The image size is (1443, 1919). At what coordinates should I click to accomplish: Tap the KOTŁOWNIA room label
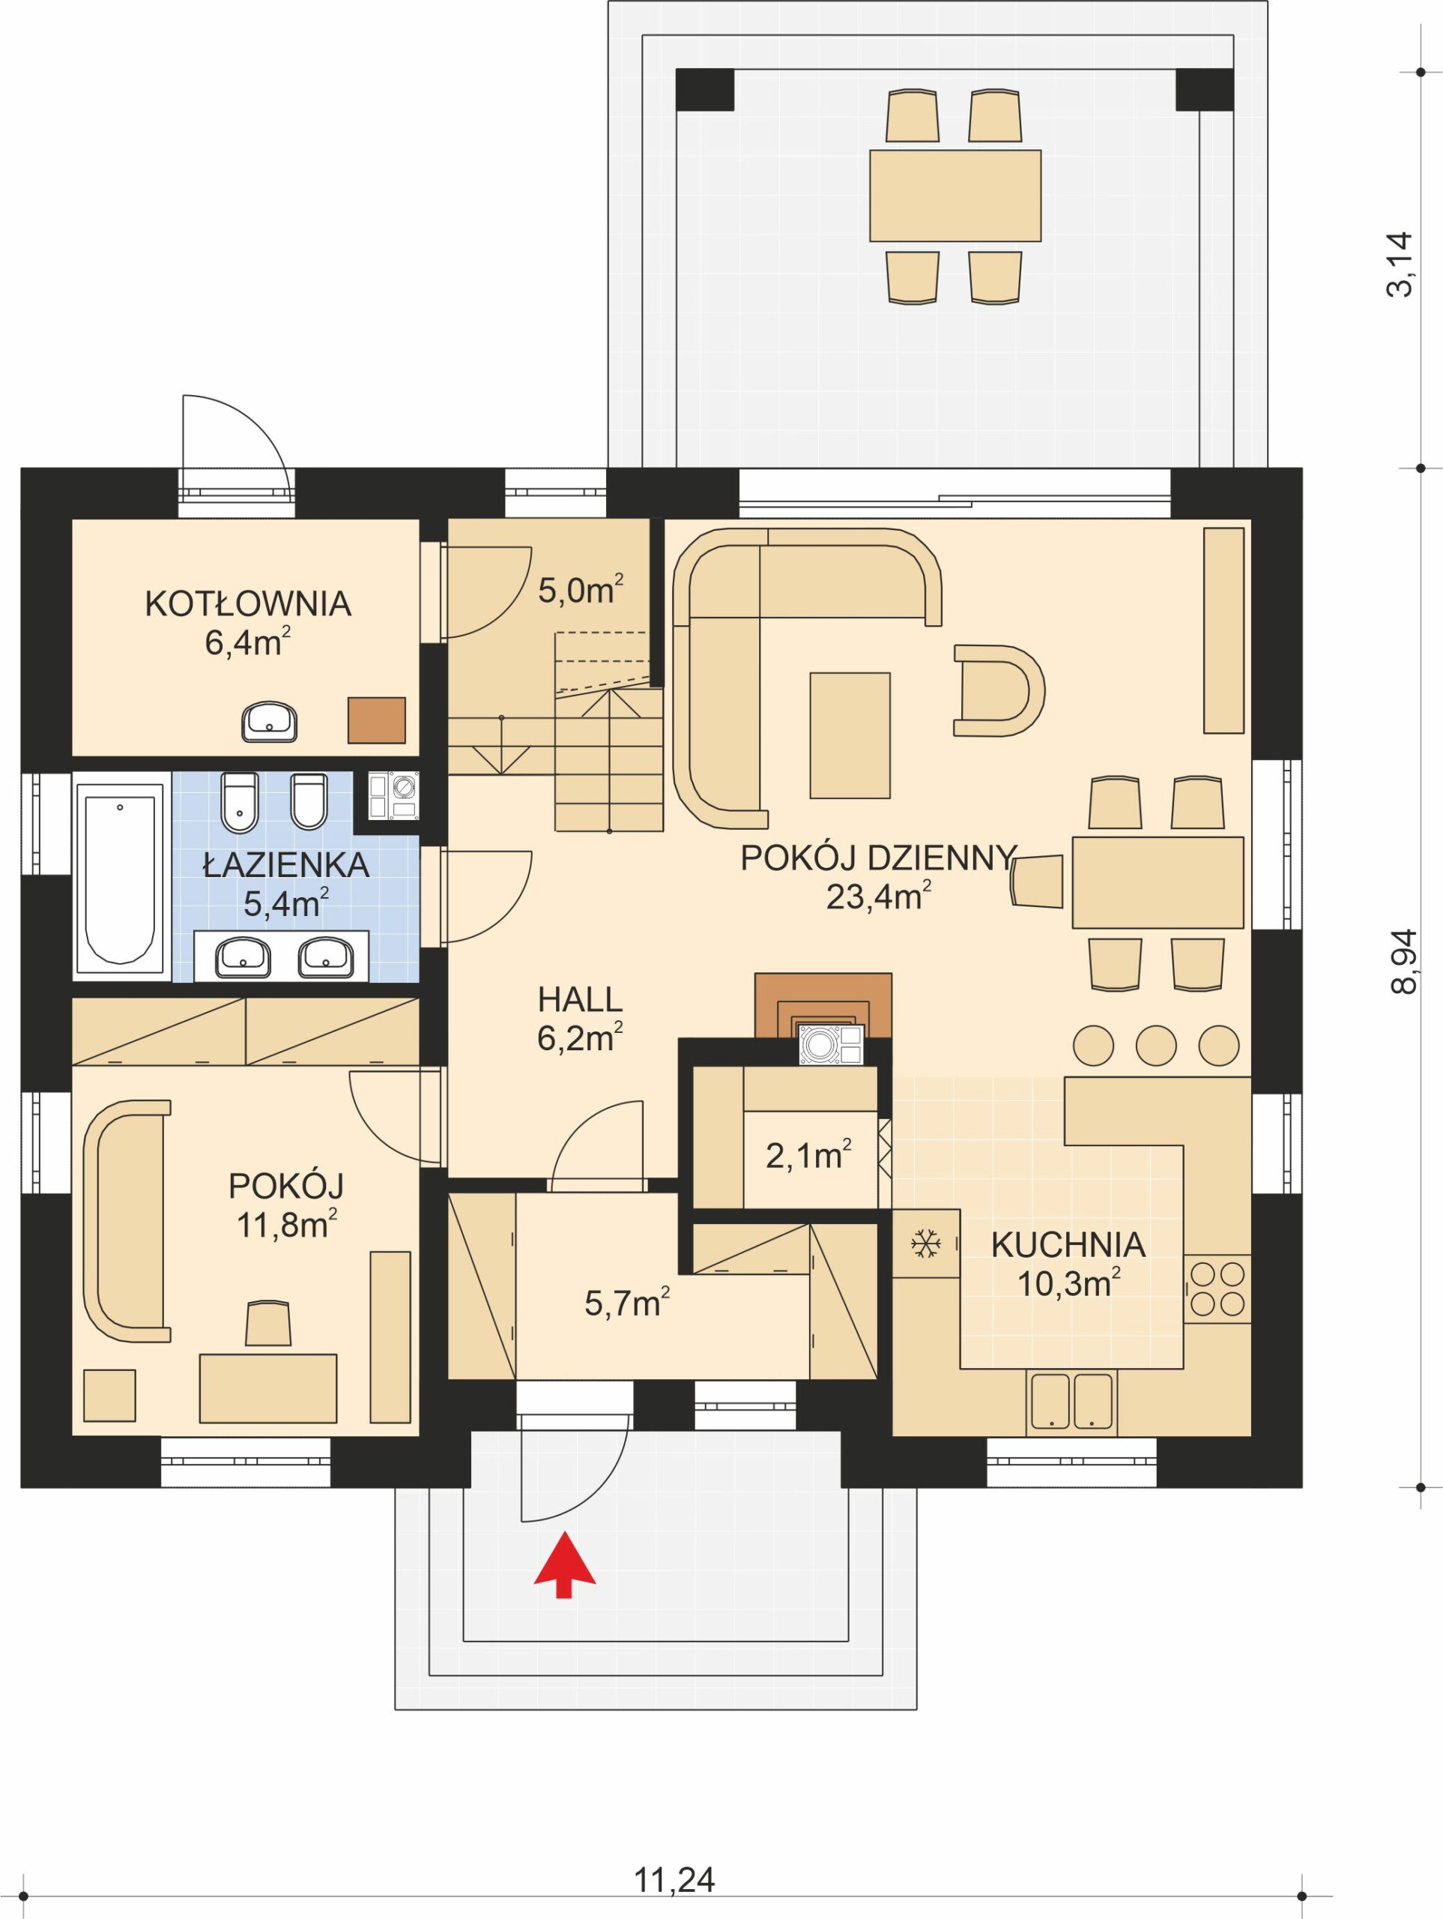click(248, 603)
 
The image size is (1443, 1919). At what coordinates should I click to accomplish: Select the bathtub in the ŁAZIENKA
click(120, 877)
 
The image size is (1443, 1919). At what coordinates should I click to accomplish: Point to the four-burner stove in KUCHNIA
click(1217, 1289)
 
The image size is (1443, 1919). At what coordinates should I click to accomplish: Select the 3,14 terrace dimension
click(1400, 265)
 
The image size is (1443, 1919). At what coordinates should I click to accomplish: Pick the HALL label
click(579, 999)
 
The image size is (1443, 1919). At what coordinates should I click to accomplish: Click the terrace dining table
click(955, 195)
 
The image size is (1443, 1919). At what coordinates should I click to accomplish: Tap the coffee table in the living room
click(849, 735)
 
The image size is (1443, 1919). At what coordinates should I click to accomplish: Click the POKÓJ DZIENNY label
click(876, 859)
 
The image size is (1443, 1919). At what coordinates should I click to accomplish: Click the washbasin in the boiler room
click(270, 721)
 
